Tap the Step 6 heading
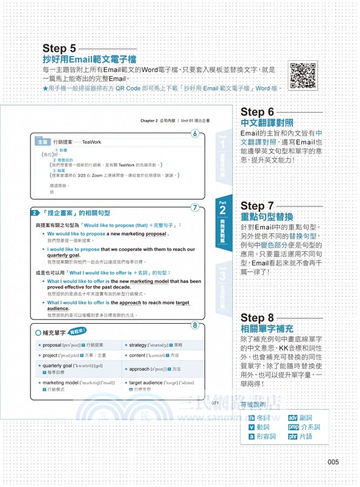click(258, 111)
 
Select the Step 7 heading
click(258, 206)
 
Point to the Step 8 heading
click(258, 317)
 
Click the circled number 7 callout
click(194, 208)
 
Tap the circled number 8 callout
click(194, 326)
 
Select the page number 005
click(333, 462)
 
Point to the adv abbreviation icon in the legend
click(294, 418)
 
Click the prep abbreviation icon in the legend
click(295, 427)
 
